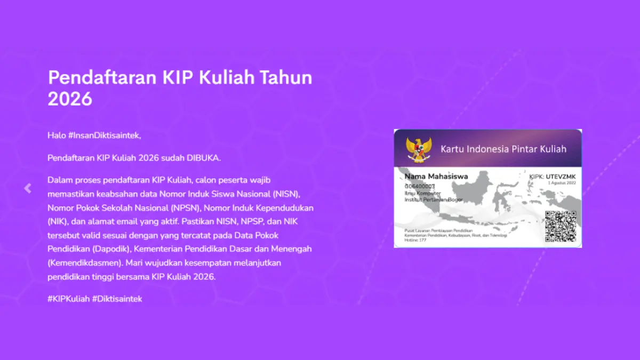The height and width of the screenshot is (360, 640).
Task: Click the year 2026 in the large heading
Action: click(70, 99)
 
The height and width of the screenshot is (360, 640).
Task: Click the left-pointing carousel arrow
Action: click(28, 188)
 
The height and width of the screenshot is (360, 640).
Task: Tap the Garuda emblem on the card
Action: click(418, 149)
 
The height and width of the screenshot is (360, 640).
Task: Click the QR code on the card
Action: click(561, 227)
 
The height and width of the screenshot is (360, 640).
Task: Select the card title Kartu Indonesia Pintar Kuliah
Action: click(503, 149)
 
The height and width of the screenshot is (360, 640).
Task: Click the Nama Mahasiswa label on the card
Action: click(436, 177)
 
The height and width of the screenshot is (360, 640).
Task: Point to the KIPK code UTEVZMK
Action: click(561, 177)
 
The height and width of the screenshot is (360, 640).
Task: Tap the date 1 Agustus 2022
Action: click(562, 183)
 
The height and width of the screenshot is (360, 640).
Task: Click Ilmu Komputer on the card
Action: click(423, 193)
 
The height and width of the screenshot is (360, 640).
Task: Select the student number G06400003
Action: click(420, 186)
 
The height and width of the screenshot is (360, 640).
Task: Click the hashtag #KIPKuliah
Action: click(68, 299)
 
